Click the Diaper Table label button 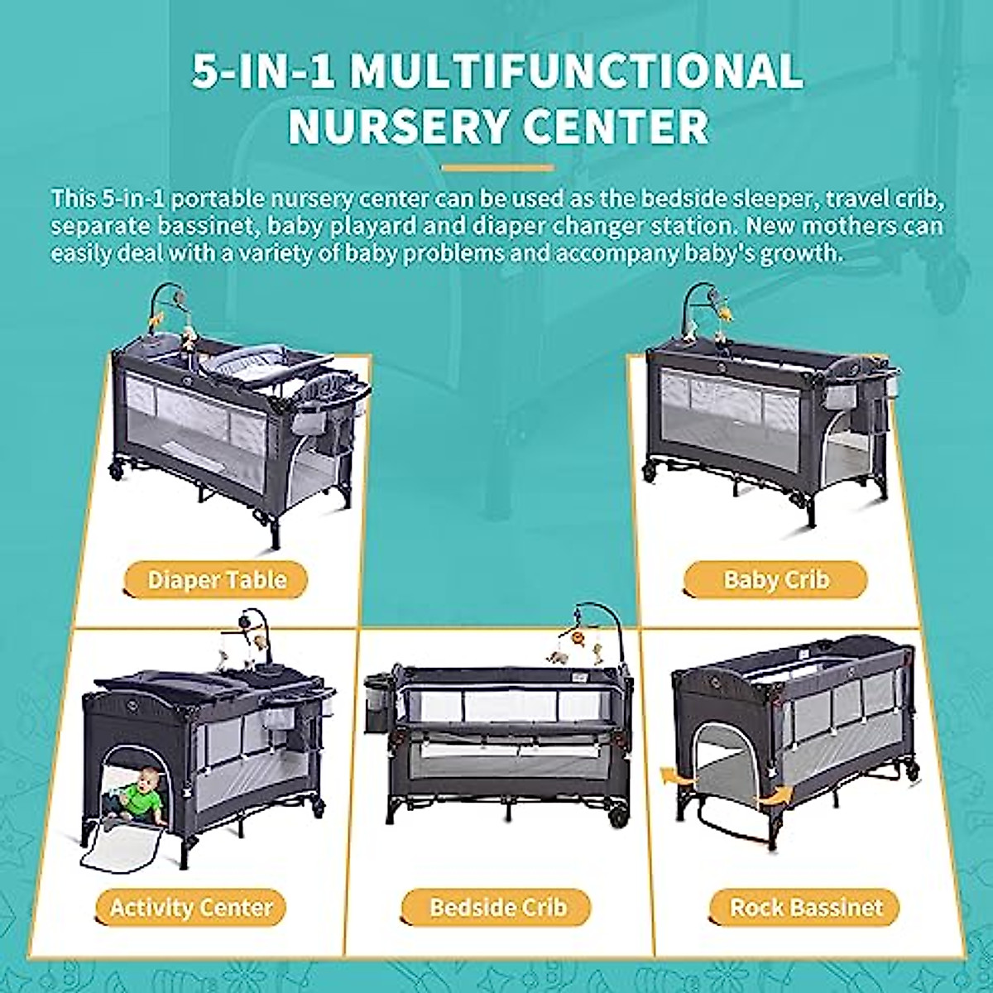[217, 579]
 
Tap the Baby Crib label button [775, 579]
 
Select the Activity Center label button [191, 907]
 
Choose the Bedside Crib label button [497, 907]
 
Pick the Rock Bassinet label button [806, 907]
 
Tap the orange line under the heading [497, 168]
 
